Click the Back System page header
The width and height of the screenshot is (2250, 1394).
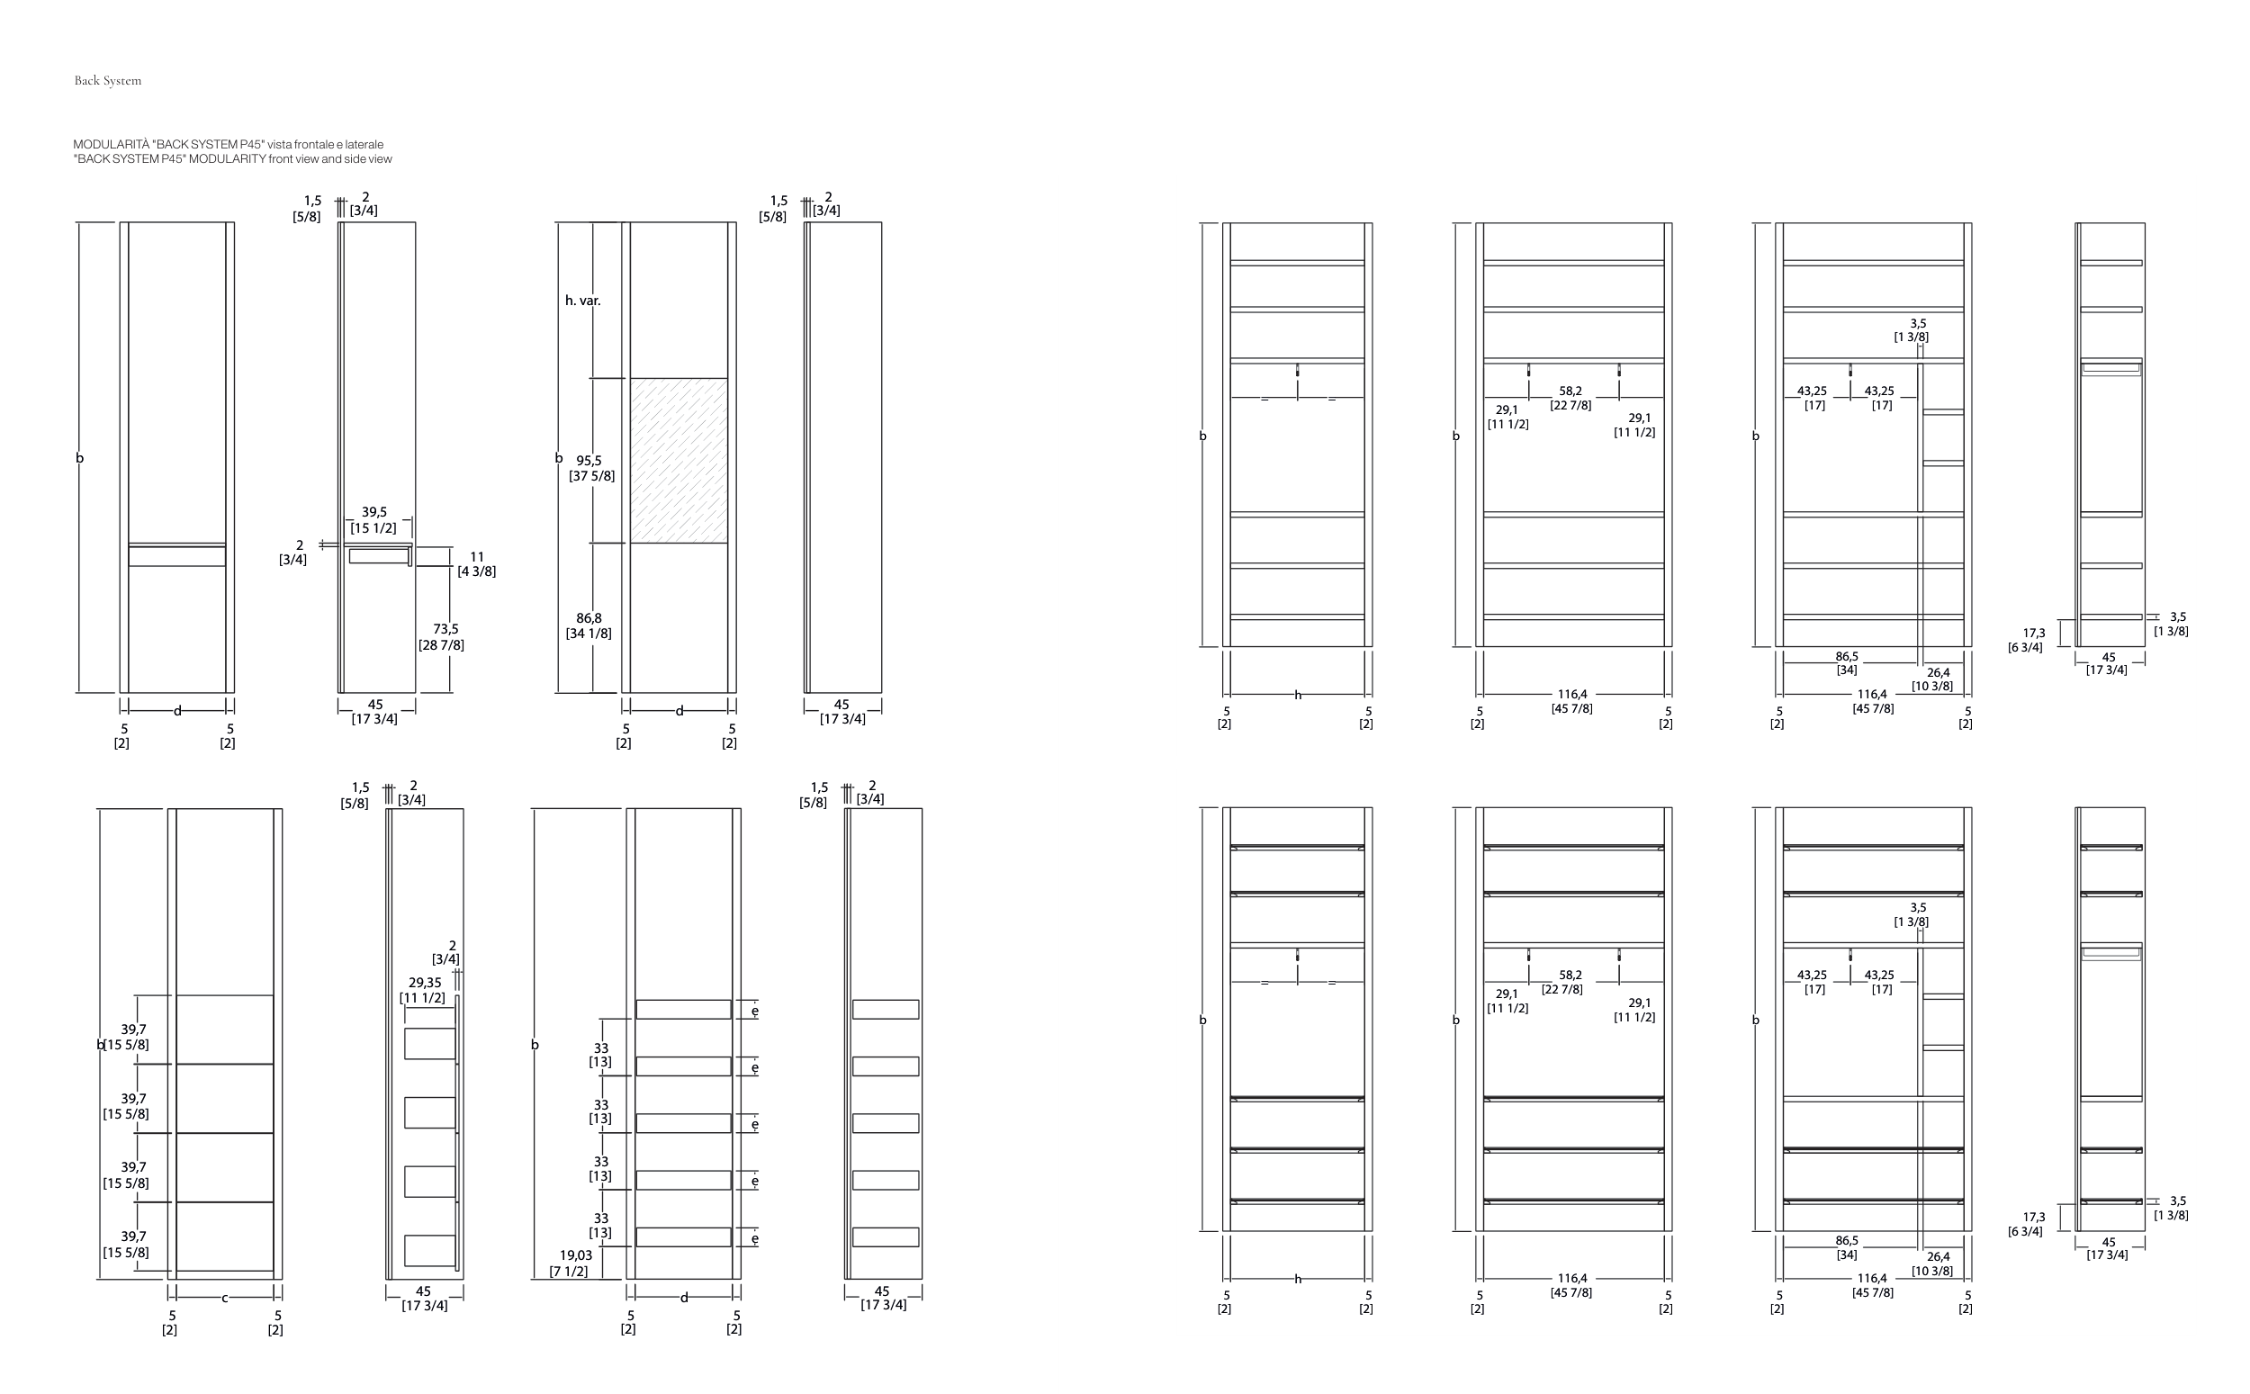pyautogui.click(x=108, y=81)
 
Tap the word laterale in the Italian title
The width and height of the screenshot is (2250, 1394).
pyautogui.click(x=364, y=145)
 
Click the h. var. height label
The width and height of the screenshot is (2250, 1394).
pyautogui.click(x=582, y=301)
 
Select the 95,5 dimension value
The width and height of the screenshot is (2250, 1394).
pyautogui.click(x=589, y=460)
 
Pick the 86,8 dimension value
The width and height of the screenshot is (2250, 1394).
pyautogui.click(x=589, y=617)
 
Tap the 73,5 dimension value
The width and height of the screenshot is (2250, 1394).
pyautogui.click(x=445, y=629)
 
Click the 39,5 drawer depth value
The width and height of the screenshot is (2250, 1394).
pyautogui.click(x=374, y=512)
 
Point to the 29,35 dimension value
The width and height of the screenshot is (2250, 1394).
pyautogui.click(x=424, y=983)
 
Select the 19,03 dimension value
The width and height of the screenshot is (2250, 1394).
pyautogui.click(x=575, y=1255)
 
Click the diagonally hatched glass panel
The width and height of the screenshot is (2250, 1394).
pyautogui.click(x=679, y=460)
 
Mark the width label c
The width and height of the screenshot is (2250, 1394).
pyautogui.click(x=225, y=1298)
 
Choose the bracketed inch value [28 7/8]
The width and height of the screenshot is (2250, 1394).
pyautogui.click(x=442, y=645)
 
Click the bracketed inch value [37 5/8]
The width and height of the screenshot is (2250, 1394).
pyautogui.click(x=592, y=476)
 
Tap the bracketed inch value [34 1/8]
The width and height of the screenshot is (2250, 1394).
pyautogui.click(x=588, y=634)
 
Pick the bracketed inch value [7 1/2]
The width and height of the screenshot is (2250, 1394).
pyautogui.click(x=569, y=1272)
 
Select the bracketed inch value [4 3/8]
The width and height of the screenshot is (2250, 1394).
pyautogui.click(x=476, y=571)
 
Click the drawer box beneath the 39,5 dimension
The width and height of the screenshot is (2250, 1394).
pyautogui.click(x=378, y=556)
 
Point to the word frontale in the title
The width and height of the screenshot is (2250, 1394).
pyautogui.click(x=312, y=145)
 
